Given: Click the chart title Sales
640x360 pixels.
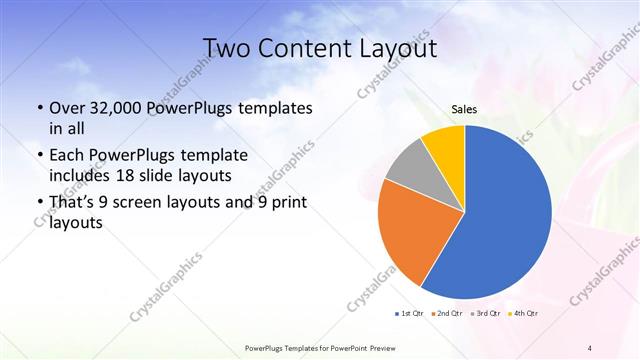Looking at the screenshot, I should point(463,109).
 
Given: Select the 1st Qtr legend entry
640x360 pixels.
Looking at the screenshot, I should point(412,315).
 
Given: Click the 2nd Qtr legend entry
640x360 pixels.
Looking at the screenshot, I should point(447,315).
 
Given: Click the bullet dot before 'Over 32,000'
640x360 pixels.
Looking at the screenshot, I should point(39,109).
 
